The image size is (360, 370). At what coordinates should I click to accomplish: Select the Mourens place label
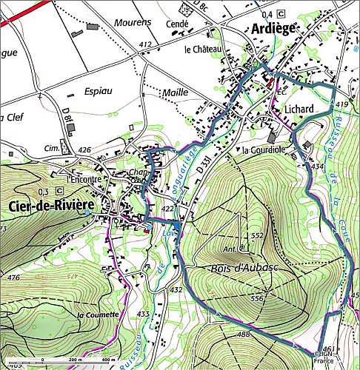coord(134,22)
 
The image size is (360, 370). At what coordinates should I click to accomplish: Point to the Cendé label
coord(179,24)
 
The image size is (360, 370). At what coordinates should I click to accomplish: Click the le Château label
coord(203,49)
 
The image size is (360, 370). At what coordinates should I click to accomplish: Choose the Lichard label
coord(300,110)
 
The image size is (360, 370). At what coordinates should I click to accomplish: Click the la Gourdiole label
coord(263,150)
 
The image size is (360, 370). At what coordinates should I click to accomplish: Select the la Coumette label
coord(98,314)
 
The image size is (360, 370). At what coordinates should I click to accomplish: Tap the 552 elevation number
coord(256,235)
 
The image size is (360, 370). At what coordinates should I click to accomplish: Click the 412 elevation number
coord(144,46)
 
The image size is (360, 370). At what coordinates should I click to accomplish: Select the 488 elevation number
coord(243,334)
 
